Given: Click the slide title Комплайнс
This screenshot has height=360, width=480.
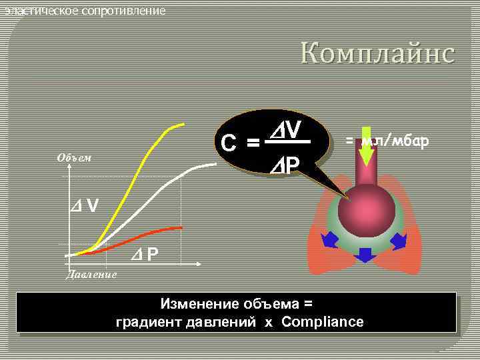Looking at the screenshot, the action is [x=377, y=52].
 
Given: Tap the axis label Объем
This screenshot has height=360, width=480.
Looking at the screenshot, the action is [x=74, y=158].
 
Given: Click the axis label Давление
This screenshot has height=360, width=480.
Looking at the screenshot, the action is [x=91, y=274].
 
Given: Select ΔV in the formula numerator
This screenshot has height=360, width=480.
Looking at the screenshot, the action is [x=286, y=127].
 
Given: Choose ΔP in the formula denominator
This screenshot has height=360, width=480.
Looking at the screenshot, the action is [x=285, y=164].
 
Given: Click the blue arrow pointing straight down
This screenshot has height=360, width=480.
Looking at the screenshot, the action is [x=365, y=255].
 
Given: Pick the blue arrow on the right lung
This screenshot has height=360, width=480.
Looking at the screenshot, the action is [x=398, y=240].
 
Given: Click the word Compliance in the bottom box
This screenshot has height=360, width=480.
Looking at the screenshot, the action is [x=323, y=322].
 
